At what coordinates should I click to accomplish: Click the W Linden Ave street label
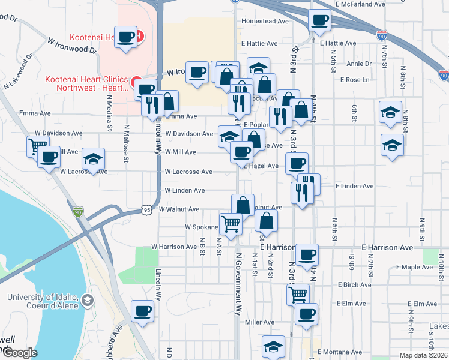click(185, 191)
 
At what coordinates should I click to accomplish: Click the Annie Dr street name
click(360, 64)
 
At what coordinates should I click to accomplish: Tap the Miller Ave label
click(260, 322)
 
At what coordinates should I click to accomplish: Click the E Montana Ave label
click(340, 352)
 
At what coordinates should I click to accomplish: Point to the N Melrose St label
click(125, 143)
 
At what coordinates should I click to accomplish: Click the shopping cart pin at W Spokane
click(231, 224)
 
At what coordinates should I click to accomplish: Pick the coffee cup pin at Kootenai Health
click(126, 37)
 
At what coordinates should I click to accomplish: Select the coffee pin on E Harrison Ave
click(307, 254)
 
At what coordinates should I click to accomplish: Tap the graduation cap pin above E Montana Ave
click(273, 346)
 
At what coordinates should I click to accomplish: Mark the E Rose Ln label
click(354, 80)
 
